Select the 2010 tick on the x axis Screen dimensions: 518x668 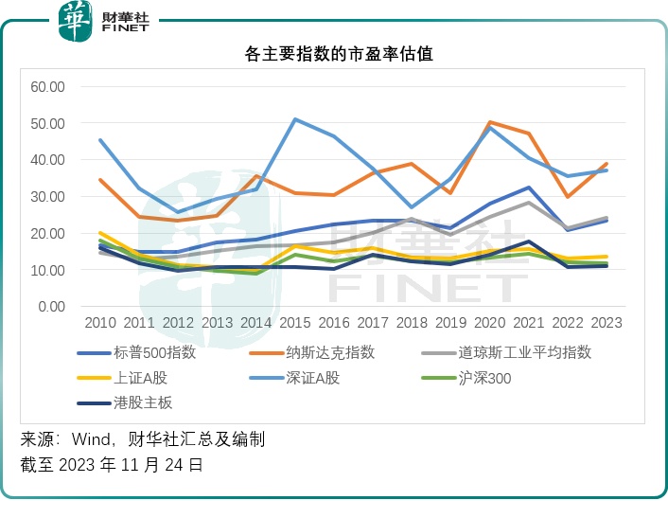point(100,323)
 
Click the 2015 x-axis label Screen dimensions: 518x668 point(295,323)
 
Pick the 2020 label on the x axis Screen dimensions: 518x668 point(490,323)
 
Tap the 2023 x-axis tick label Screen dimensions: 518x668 point(606,323)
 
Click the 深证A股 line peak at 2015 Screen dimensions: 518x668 point(295,119)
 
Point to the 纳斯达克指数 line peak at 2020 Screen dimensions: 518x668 point(490,122)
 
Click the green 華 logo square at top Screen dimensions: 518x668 point(75,21)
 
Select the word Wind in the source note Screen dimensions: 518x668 point(98,439)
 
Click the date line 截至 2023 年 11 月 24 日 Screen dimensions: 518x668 point(111,465)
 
